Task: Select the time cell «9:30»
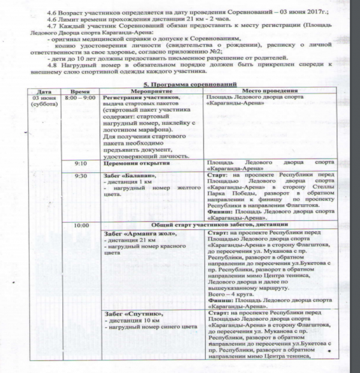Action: click(x=80, y=176)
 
